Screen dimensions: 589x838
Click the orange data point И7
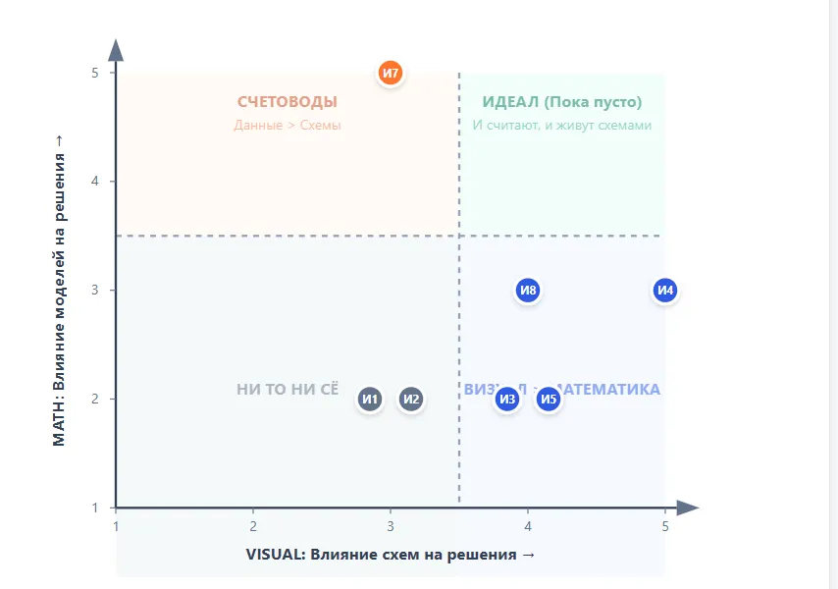pos(391,73)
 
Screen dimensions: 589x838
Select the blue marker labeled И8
pos(528,290)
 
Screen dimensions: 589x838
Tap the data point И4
pos(665,290)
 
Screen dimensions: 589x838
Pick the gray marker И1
pos(370,399)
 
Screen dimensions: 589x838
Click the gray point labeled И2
pos(411,399)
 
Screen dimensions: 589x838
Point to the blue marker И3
pos(506,399)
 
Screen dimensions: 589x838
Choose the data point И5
pos(549,399)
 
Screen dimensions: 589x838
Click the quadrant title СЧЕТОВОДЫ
pos(288,102)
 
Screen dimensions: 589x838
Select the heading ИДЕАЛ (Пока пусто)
pos(562,102)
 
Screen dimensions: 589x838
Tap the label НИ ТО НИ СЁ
pos(288,390)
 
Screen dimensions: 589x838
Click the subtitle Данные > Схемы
pos(288,126)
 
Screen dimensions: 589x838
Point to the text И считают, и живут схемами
pos(562,126)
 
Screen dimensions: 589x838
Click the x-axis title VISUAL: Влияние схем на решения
pos(391,555)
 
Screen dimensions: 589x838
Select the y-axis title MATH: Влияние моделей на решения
pos(60,290)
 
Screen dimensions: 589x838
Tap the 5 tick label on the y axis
pos(95,73)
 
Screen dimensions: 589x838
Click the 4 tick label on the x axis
pos(528,526)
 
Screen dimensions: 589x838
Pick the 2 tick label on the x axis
pos(253,526)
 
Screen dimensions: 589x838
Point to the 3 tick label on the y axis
pos(95,290)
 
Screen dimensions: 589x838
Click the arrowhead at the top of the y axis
pos(116,51)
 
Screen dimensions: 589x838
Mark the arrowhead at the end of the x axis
pos(687,508)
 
